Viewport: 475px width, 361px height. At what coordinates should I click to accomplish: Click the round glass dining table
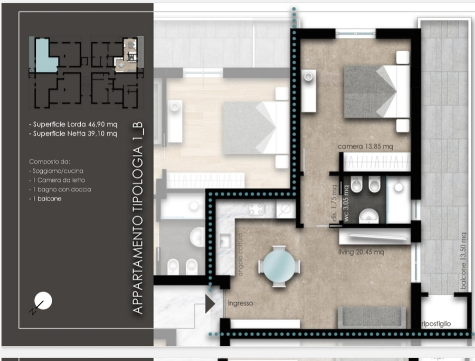(x=279, y=266)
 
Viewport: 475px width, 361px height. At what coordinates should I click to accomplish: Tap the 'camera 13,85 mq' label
(x=365, y=146)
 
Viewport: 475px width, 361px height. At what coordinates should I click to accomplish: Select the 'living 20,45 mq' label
(x=361, y=252)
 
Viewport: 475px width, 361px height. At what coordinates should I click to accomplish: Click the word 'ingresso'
(x=240, y=303)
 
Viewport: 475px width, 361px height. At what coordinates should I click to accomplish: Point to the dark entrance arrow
(x=210, y=304)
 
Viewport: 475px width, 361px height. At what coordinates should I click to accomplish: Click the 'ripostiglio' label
(x=436, y=324)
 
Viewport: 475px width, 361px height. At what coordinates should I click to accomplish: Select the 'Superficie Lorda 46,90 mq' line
(x=73, y=124)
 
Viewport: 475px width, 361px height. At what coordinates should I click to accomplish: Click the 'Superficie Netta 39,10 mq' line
(x=73, y=134)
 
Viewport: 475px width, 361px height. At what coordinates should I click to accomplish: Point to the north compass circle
(x=43, y=301)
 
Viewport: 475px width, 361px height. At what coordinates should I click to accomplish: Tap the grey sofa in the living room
(x=372, y=318)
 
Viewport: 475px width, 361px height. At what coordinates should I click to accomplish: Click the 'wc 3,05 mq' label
(x=346, y=203)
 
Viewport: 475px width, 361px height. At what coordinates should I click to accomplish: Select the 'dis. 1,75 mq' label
(x=334, y=203)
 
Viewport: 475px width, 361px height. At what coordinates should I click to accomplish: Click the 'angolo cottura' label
(x=241, y=255)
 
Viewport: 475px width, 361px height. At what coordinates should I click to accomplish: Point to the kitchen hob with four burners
(x=256, y=209)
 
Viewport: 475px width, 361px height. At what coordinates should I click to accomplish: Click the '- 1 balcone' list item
(x=45, y=199)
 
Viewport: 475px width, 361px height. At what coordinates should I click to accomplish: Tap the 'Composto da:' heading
(x=50, y=162)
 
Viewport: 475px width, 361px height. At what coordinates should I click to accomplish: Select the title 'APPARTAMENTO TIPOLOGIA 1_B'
(x=138, y=218)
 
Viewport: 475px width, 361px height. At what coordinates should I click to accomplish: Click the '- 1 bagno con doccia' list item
(x=60, y=190)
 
